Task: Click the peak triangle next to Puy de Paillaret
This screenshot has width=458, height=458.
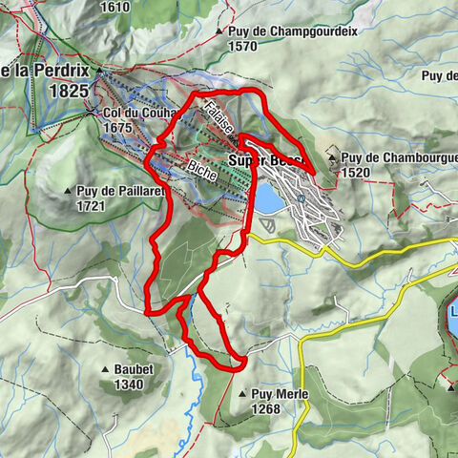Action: pyautogui.click(x=68, y=192)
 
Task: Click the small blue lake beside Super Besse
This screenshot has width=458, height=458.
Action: pyautogui.click(x=268, y=198)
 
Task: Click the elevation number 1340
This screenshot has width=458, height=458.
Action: pyautogui.click(x=127, y=385)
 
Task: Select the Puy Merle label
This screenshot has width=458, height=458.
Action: pyautogui.click(x=281, y=393)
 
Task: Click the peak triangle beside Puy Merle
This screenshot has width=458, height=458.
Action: pyautogui.click(x=241, y=392)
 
